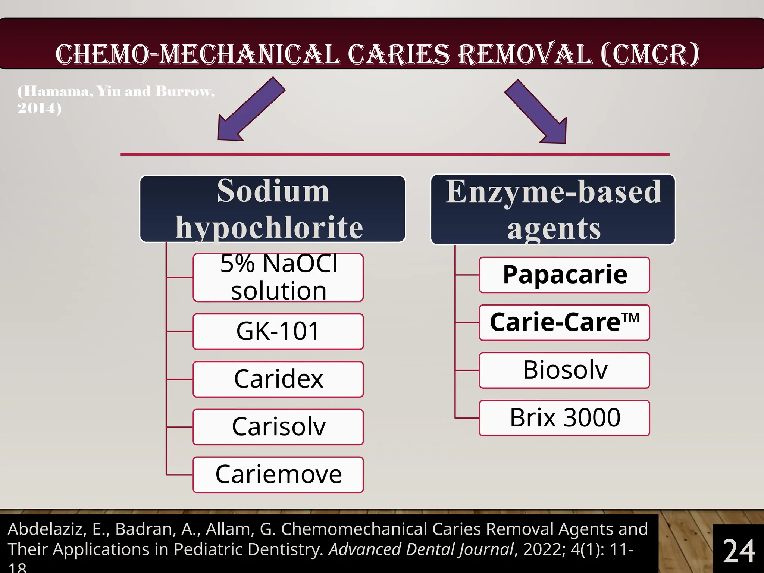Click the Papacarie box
[564, 275]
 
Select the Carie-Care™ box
[564, 323]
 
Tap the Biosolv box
[564, 370]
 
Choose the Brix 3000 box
[564, 418]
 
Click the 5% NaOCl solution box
[278, 278]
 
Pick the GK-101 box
[278, 331]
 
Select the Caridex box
[278, 379]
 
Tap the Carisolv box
[278, 427]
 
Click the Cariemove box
[278, 475]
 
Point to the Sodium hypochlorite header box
[272, 209]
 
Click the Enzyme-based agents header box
[553, 210]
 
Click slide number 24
[739, 551]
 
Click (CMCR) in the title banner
[650, 54]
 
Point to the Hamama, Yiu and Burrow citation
[116, 99]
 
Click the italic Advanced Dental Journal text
[421, 549]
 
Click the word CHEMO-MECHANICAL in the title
[198, 54]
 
